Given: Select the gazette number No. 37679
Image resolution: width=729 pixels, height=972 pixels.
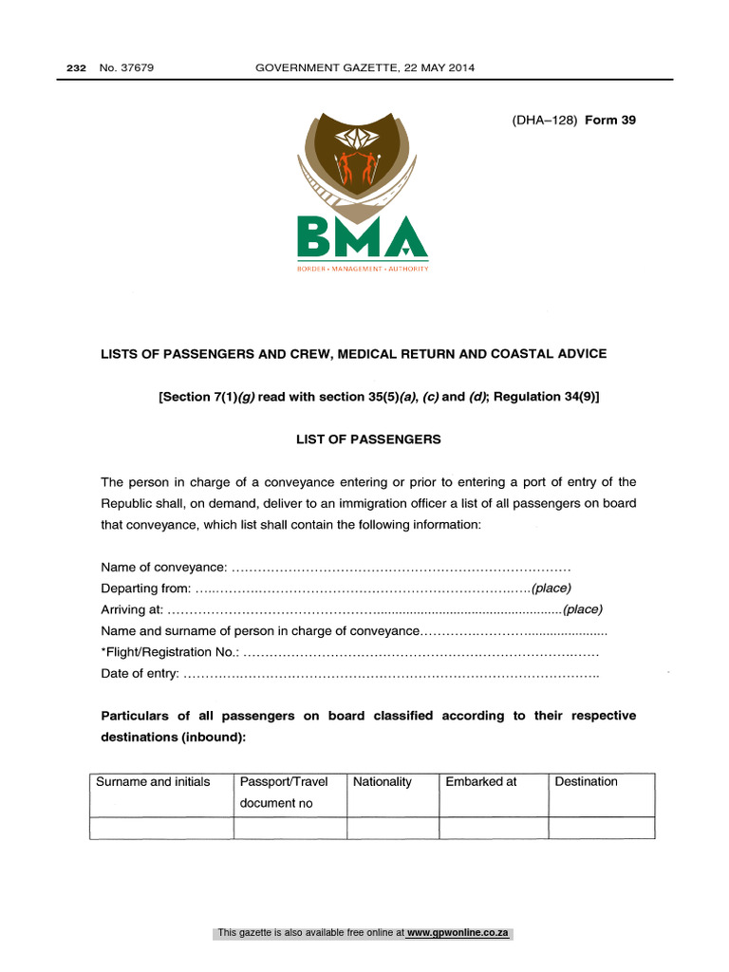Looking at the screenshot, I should (125, 67).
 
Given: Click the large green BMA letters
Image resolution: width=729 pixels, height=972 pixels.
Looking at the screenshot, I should (362, 236).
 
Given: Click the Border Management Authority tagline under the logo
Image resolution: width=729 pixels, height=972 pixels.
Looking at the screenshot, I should (362, 269).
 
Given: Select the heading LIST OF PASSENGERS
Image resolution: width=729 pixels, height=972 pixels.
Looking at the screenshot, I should (364, 439).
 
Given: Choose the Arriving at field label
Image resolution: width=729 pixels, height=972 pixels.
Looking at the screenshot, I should (132, 609).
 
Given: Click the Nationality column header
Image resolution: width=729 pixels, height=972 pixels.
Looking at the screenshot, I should (383, 782).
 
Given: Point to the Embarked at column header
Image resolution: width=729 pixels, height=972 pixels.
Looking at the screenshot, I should (481, 782).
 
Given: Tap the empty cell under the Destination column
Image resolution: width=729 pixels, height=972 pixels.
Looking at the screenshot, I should (602, 828).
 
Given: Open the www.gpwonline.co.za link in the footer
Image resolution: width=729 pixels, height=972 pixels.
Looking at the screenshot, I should (458, 933).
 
